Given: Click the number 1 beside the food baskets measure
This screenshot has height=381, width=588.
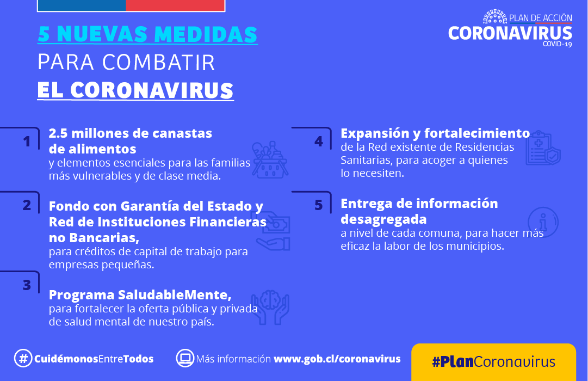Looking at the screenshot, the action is pyautogui.click(x=27, y=142).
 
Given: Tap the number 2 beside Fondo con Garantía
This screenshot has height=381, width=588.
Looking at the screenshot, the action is pyautogui.click(x=27, y=205).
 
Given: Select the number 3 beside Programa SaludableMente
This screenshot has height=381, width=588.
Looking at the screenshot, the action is pyautogui.click(x=27, y=285).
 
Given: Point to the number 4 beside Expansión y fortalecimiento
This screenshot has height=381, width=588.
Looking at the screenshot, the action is pyautogui.click(x=319, y=142).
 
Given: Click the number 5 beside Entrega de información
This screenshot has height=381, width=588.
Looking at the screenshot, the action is pyautogui.click(x=319, y=205).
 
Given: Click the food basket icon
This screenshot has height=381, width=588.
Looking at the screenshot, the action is pyautogui.click(x=270, y=159).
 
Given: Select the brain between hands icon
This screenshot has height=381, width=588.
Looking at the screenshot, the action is pyautogui.click(x=270, y=307).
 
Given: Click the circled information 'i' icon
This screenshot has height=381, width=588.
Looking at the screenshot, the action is pyautogui.click(x=543, y=222).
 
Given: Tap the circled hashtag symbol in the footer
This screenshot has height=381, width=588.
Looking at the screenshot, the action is pyautogui.click(x=23, y=358).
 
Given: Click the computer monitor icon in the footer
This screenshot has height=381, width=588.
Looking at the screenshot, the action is pyautogui.click(x=185, y=358).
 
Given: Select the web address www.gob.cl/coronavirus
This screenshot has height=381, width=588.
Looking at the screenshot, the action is pyautogui.click(x=337, y=359).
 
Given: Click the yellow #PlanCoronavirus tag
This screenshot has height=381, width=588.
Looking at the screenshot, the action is pyautogui.click(x=493, y=361).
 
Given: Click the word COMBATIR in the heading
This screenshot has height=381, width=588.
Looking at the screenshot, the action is pyautogui.click(x=159, y=62).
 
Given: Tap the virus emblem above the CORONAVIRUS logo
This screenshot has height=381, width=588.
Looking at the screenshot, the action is pyautogui.click(x=495, y=17).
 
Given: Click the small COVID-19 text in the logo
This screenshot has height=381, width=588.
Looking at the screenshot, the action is pyautogui.click(x=557, y=44).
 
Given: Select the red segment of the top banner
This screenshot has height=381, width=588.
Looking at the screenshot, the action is pyautogui.click(x=175, y=5).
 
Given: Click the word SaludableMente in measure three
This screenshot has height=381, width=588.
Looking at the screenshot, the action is pyautogui.click(x=175, y=295).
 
